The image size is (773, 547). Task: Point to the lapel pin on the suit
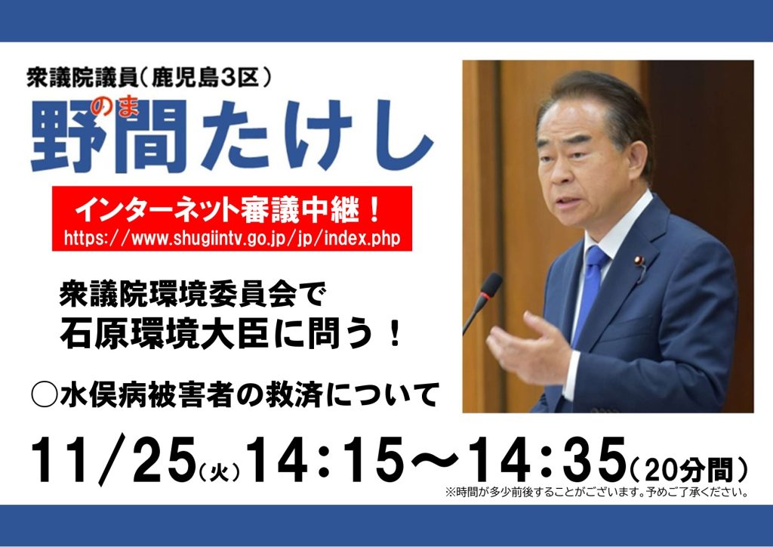tap(639, 261)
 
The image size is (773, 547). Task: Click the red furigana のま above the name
tap(118, 107)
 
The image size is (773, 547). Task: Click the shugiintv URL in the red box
tap(232, 238)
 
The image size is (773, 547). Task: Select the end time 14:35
tap(547, 459)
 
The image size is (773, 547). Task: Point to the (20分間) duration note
tap(688, 469)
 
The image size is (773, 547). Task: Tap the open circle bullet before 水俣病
tap(45, 394)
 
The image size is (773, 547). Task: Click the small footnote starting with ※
tap(596, 493)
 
